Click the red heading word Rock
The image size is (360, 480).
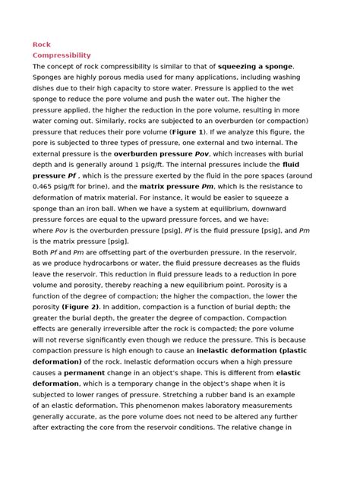(x=41, y=45)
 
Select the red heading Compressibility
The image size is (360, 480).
(x=62, y=55)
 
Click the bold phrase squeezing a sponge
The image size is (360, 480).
(x=255, y=66)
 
